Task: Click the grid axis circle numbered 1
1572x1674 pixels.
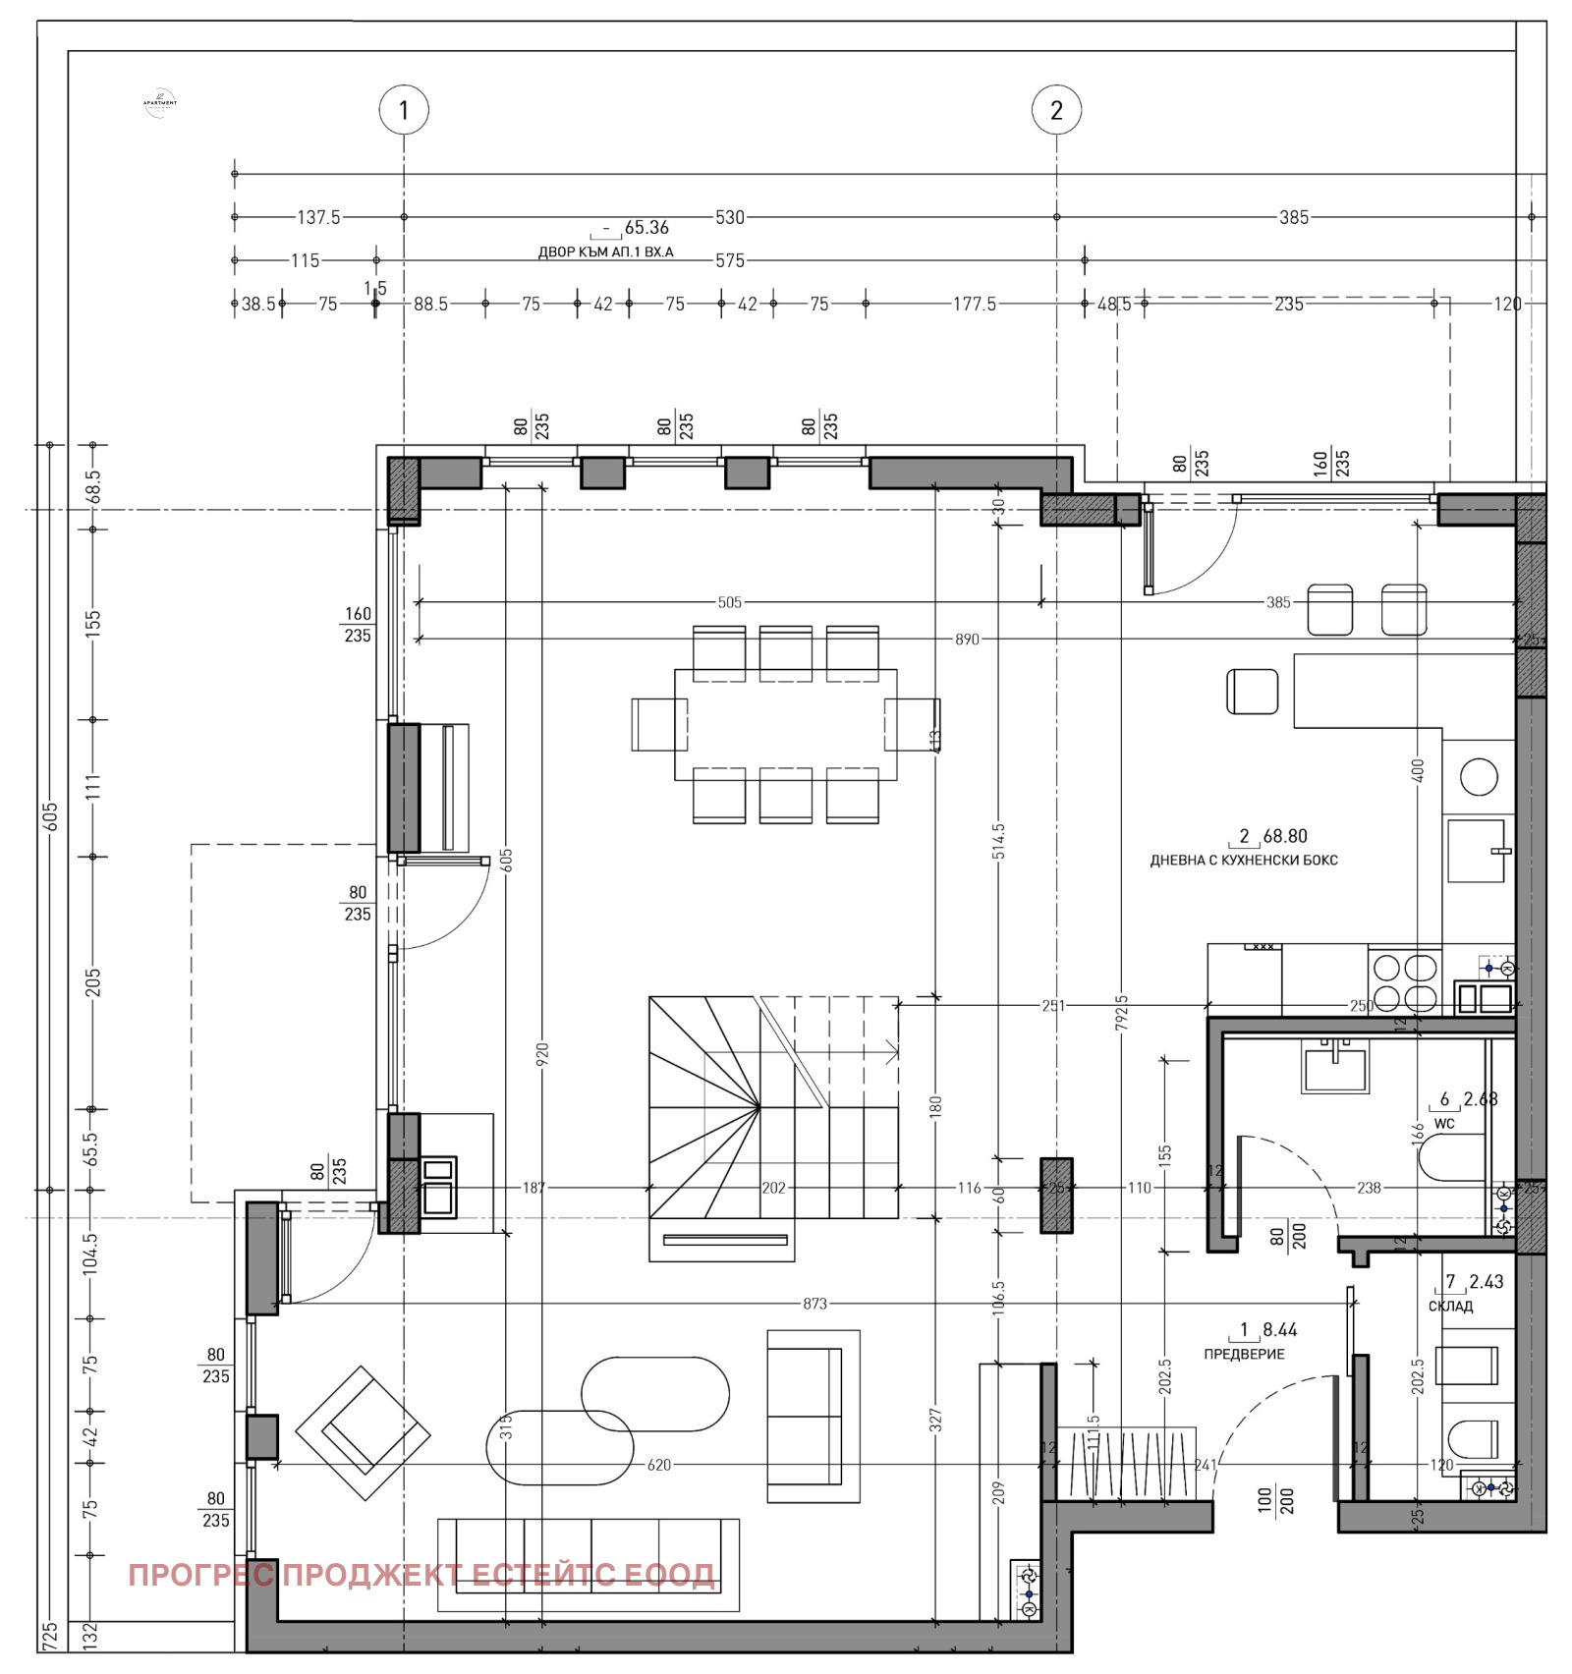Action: (x=403, y=110)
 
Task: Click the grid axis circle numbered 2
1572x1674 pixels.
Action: (x=1056, y=110)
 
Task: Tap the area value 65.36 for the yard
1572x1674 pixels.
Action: (x=646, y=228)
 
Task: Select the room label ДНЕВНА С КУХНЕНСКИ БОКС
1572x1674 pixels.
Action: (x=1243, y=860)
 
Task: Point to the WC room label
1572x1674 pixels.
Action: (x=1443, y=1123)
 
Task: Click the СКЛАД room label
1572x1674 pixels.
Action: (x=1450, y=1306)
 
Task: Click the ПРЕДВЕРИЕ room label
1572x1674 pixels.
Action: (x=1244, y=1354)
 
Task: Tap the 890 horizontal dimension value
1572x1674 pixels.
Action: (x=967, y=640)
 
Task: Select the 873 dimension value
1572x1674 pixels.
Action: (x=814, y=1304)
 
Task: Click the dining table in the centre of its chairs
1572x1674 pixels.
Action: (x=785, y=724)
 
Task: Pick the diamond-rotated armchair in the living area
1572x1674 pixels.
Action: (x=364, y=1432)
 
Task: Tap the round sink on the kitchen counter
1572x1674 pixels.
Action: (x=1478, y=776)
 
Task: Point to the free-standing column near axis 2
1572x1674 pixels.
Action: (x=1056, y=1195)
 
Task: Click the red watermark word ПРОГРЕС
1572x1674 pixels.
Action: (x=200, y=1575)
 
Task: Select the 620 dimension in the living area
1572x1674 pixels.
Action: (x=658, y=1465)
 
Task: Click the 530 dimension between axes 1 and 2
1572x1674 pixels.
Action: (x=729, y=217)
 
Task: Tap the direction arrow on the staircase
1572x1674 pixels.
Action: (x=889, y=1053)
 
